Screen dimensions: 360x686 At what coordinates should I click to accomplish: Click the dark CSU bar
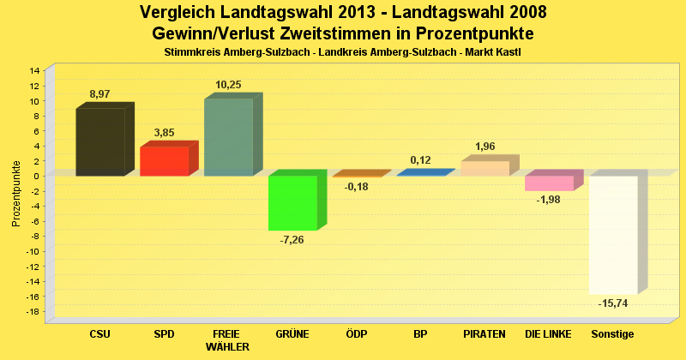[x=100, y=141]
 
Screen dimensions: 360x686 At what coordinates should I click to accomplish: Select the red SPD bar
[x=164, y=160]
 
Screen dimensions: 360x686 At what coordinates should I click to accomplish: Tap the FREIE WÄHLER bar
[x=228, y=137]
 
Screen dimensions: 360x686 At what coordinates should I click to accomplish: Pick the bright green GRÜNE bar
[x=292, y=203]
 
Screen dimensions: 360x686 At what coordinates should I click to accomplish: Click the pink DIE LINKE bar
[x=549, y=183]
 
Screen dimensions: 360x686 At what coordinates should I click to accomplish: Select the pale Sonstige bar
[x=613, y=235]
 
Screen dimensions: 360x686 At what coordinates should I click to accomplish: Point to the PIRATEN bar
[x=484, y=168]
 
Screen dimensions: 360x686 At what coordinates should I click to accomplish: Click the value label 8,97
[x=100, y=93]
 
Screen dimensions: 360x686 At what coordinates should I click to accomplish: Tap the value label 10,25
[x=228, y=84]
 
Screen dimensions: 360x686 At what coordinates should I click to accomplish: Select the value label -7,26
[x=292, y=240]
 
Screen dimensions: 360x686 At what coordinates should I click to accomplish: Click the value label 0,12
[x=420, y=160]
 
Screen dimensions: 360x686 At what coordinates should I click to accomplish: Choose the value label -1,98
[x=549, y=200]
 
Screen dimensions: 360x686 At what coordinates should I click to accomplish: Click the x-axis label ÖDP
[x=356, y=333]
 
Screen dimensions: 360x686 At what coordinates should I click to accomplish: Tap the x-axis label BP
[x=420, y=333]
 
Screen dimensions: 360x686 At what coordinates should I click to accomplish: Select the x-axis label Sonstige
[x=612, y=333]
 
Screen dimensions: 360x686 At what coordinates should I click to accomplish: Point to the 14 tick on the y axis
[x=34, y=70]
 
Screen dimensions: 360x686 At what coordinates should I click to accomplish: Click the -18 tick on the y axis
[x=33, y=312]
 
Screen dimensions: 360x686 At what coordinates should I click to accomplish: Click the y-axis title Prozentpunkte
[x=16, y=193]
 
